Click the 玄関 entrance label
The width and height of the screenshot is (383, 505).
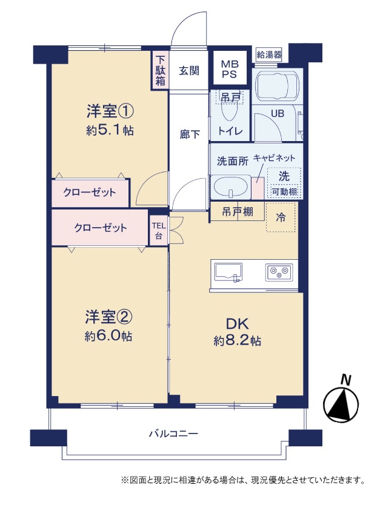pos(189,70)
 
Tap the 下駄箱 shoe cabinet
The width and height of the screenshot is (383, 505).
pos(160,70)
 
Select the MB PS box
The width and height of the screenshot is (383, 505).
pos(229,68)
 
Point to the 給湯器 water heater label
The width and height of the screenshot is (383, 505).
pos(269,54)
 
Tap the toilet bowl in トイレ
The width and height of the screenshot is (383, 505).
pos(230,110)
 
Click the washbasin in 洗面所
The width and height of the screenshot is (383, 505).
pos(230,187)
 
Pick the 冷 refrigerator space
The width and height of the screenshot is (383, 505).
pos(281,217)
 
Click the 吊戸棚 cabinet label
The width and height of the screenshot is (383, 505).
pos(238,212)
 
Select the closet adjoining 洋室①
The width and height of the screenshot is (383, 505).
pos(90,193)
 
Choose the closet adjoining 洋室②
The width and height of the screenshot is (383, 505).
pos(99,228)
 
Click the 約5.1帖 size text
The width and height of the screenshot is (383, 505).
pos(110,130)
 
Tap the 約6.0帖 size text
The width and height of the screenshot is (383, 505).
pos(108,336)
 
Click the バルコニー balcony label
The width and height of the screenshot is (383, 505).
pos(173,433)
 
